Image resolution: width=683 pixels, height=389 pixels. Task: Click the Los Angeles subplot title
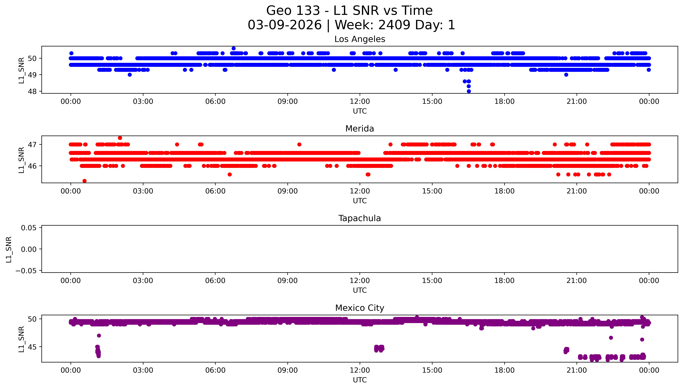click(x=360, y=39)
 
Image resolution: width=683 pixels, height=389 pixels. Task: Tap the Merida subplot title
click(x=360, y=129)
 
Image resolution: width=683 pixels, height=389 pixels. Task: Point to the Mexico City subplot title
click(x=360, y=308)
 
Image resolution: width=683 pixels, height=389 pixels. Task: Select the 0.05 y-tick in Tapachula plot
click(x=29, y=228)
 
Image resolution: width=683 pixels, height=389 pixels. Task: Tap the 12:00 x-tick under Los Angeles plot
click(x=360, y=102)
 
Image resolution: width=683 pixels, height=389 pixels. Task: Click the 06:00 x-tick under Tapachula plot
click(x=215, y=281)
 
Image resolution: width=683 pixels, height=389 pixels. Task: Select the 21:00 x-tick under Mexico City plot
click(x=577, y=370)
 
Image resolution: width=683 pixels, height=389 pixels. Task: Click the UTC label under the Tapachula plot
click(x=360, y=290)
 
